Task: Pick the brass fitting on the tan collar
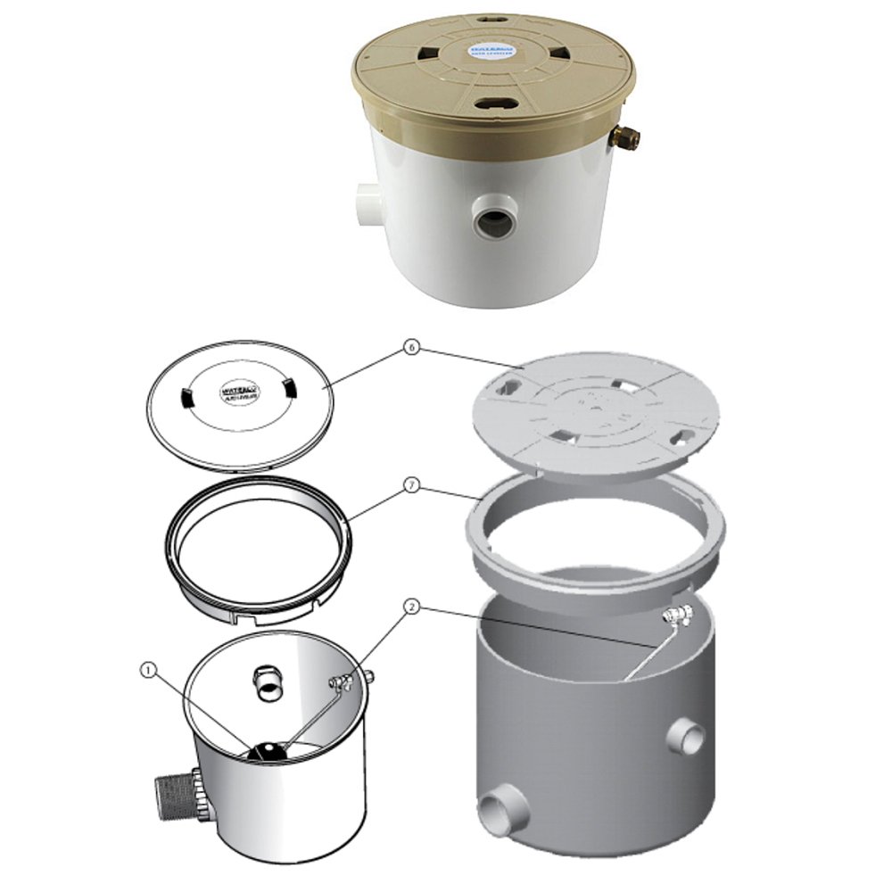(x=626, y=136)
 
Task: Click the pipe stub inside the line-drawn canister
(x=265, y=683)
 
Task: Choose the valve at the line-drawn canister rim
(x=343, y=682)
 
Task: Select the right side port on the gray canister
(x=686, y=737)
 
